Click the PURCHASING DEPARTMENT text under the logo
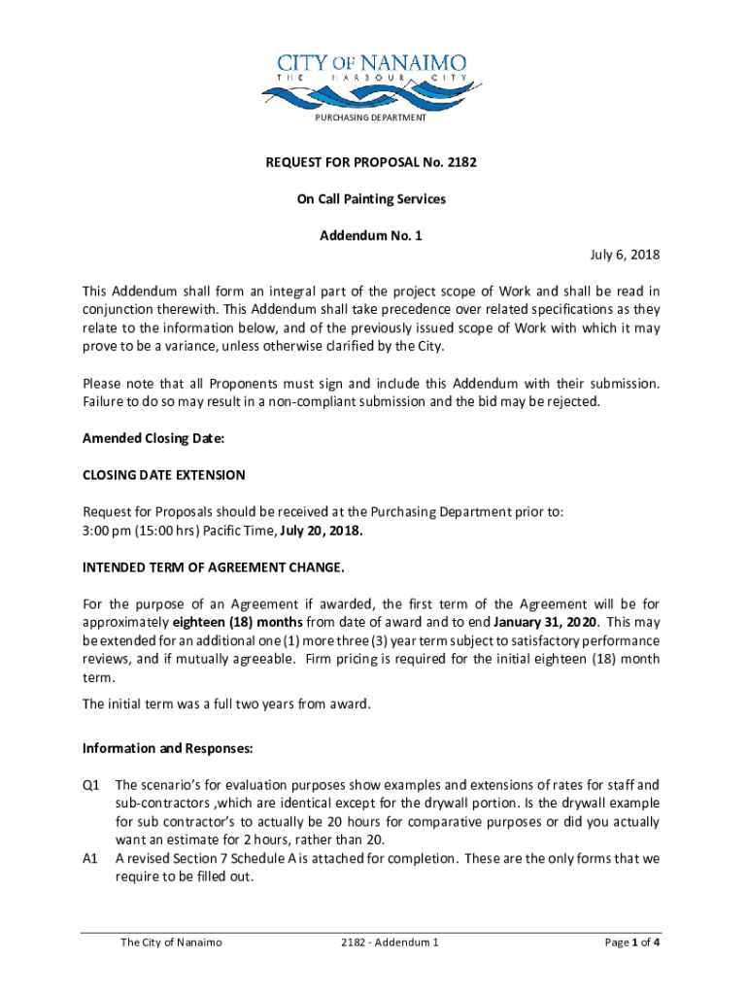point(370,118)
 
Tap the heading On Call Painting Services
point(371,199)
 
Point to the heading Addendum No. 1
point(371,236)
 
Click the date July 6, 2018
point(625,255)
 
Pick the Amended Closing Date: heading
point(153,439)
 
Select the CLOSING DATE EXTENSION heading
point(163,475)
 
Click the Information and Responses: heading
point(168,749)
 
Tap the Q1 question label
point(92,785)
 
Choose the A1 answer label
point(92,859)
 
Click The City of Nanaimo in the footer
point(171,943)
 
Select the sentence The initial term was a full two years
point(226,704)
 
